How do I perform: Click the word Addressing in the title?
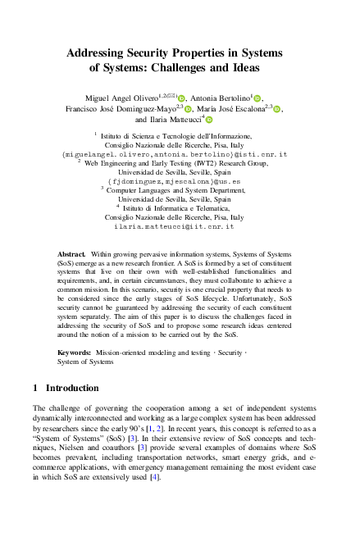97,51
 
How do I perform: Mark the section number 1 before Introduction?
35,387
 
